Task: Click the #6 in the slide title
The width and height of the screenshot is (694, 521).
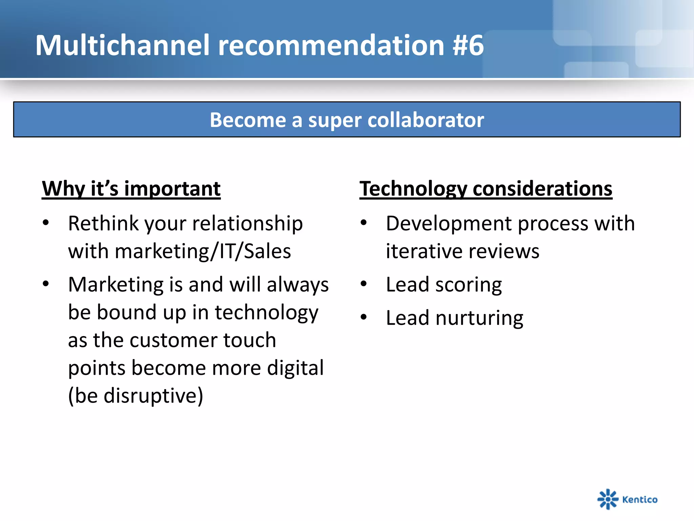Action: point(468,46)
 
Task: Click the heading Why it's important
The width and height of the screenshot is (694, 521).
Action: point(131,189)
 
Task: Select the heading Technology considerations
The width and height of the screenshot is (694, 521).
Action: point(486,189)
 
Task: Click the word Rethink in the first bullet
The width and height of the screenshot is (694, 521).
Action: point(104,224)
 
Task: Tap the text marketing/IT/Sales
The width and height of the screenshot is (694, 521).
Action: point(203,252)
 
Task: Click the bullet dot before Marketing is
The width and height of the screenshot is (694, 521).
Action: point(46,284)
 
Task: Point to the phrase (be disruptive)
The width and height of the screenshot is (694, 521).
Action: point(136,396)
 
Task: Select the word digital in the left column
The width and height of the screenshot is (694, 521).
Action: point(295,368)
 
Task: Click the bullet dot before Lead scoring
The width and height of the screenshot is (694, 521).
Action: point(364,284)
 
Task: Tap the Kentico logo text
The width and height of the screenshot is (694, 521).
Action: point(640,500)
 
